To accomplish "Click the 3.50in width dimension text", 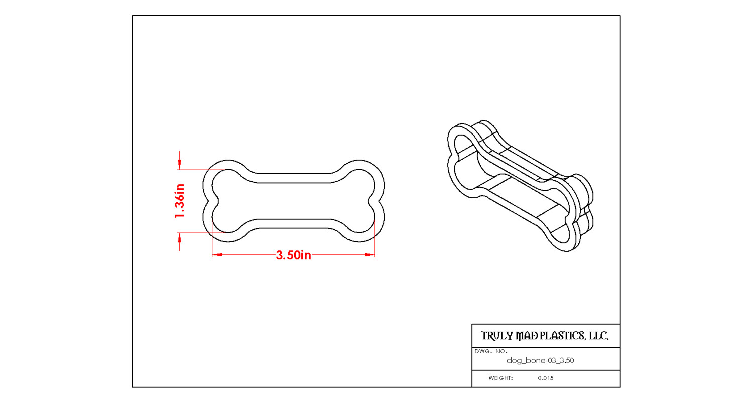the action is tap(293, 255).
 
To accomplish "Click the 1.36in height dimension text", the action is tap(180, 201).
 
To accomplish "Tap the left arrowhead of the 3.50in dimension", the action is tap(217, 255).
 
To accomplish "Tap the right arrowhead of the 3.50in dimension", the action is tap(370, 255).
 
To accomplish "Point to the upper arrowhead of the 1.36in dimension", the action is tap(180, 164).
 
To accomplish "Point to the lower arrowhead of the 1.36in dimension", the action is tap(180, 238).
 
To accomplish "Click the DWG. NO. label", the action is tap(491, 352).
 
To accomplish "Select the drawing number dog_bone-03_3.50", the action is tap(540, 361).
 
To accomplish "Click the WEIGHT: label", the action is tap(500, 378).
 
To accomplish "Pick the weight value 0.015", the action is tap(546, 378).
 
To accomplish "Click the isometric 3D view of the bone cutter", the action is tap(521, 186).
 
